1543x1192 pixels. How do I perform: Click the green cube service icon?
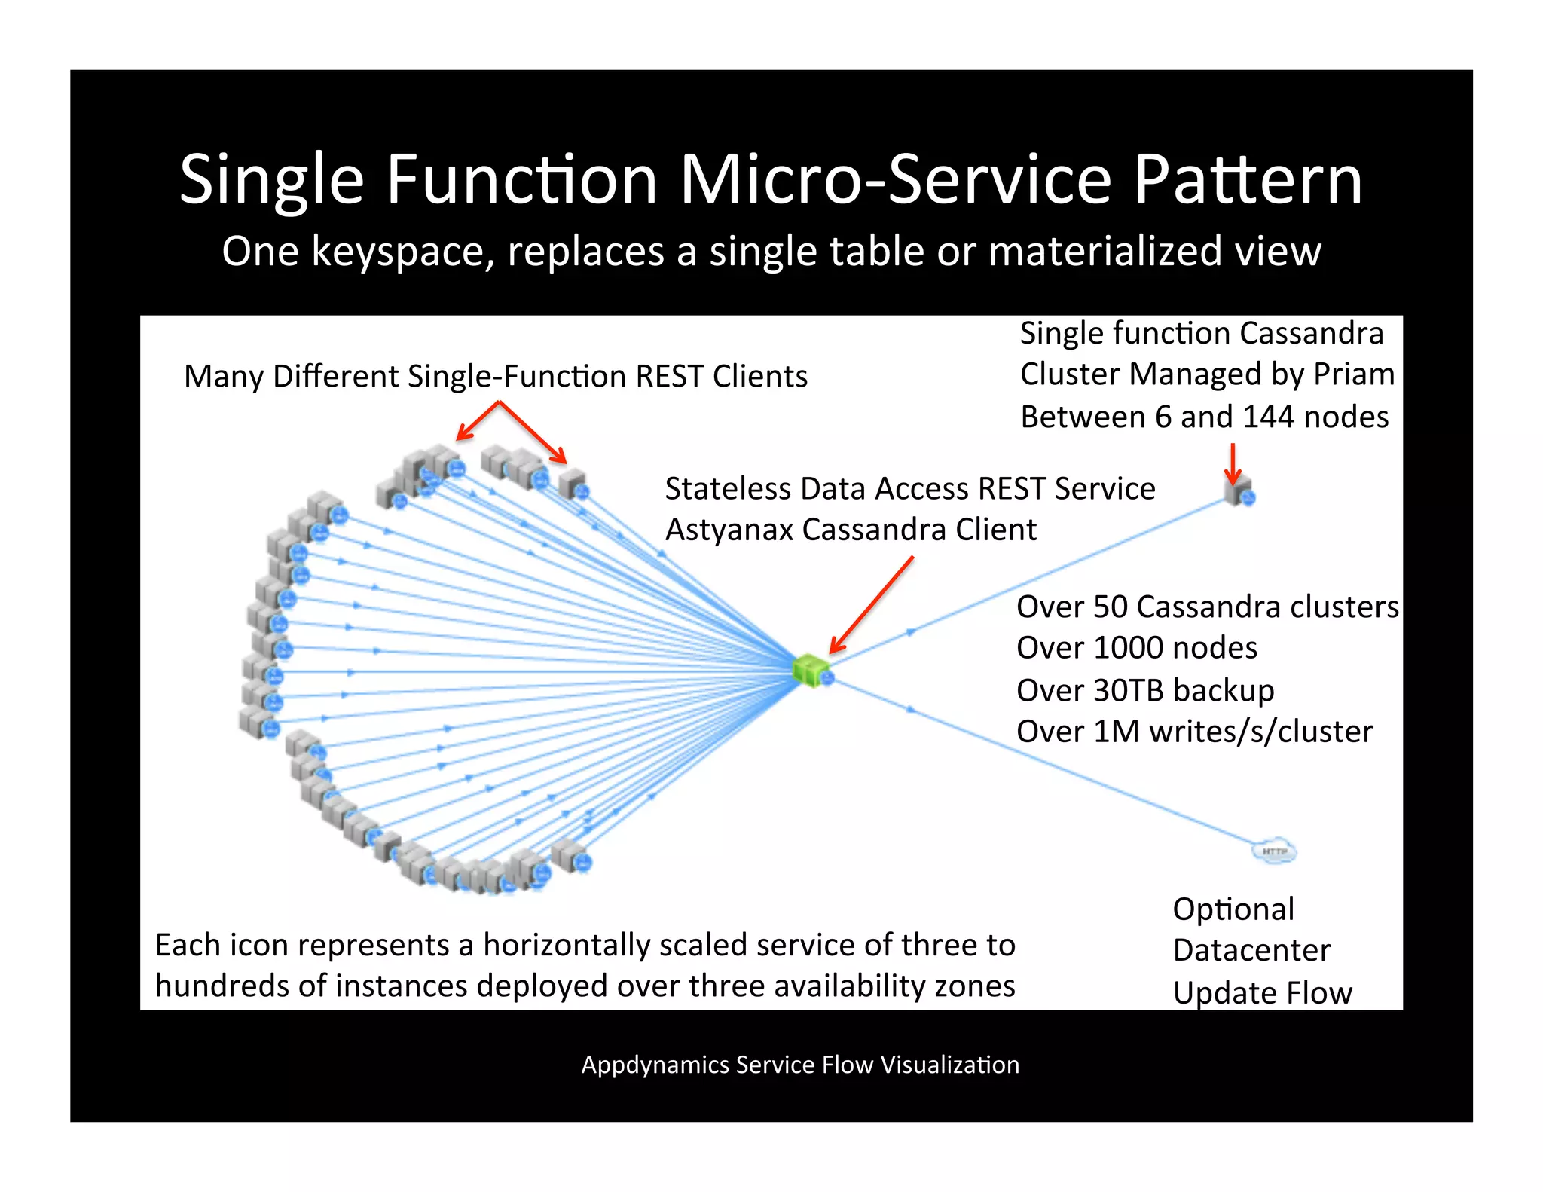[811, 669]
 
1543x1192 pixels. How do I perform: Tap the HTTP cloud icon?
[1273, 851]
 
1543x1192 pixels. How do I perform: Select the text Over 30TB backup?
[1145, 690]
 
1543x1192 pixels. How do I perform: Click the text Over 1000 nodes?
[1137, 648]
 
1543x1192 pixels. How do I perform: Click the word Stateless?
[728, 489]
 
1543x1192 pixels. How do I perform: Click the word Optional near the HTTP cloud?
[1233, 909]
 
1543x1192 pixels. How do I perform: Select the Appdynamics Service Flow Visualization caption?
[800, 1065]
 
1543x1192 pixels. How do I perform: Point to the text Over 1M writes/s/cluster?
[1194, 732]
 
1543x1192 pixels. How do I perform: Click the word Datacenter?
[1251, 951]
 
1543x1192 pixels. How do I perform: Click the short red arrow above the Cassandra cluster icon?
[1233, 463]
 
